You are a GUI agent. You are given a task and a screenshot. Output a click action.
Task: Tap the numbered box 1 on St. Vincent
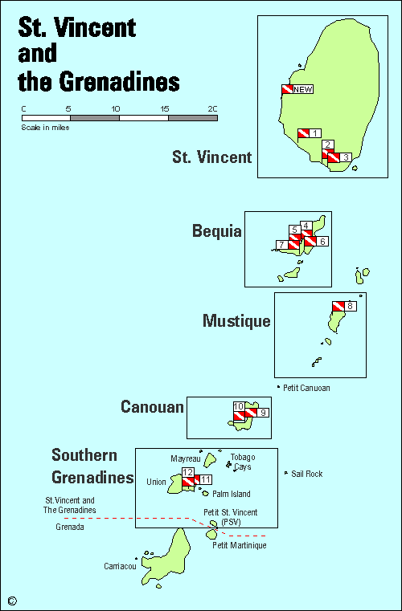click(315, 133)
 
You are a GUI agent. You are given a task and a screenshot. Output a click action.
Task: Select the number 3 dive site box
click(345, 157)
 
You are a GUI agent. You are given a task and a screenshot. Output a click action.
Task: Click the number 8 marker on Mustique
click(350, 307)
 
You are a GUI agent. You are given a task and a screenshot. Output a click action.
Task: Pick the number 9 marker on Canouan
click(263, 413)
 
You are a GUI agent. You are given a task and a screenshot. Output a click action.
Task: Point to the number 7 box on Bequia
click(281, 245)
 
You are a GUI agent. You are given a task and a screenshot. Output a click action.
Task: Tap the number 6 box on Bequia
click(322, 241)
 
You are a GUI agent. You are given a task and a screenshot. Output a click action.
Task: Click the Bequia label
click(216, 232)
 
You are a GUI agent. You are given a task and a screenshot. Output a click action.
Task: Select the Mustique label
click(236, 322)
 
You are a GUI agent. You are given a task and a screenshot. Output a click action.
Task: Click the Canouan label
click(151, 407)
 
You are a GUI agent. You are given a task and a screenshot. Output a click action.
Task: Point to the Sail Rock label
click(306, 474)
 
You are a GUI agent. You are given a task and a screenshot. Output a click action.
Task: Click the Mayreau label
click(184, 458)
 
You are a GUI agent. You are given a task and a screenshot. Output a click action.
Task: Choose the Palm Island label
click(231, 495)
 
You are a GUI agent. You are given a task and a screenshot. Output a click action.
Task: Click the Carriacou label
click(120, 567)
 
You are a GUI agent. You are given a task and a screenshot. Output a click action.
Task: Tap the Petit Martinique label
click(239, 545)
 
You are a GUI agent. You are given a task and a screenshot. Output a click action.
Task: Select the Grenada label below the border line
click(69, 527)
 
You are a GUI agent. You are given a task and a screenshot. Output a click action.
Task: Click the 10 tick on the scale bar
click(119, 108)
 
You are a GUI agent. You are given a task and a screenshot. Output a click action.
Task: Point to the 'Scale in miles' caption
click(45, 127)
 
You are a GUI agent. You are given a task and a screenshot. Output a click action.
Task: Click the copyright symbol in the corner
click(12, 600)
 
